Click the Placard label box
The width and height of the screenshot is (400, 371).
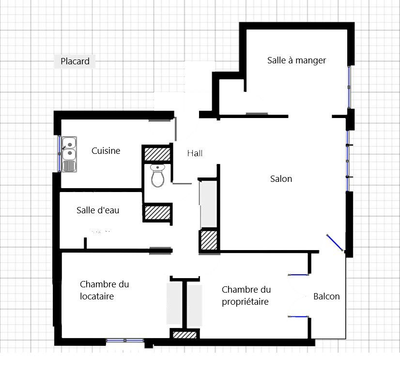(x=75, y=61)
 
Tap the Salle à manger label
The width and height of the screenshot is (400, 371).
(x=296, y=60)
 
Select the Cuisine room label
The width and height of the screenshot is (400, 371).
(x=106, y=151)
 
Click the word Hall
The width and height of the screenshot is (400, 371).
(x=195, y=153)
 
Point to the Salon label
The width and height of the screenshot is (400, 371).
(x=281, y=179)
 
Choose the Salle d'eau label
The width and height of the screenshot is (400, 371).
(x=98, y=210)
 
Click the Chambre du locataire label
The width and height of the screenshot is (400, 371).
(x=104, y=290)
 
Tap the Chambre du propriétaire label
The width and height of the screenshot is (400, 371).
(x=246, y=296)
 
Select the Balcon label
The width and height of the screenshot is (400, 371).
(x=326, y=297)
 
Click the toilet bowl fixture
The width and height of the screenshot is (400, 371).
(x=158, y=176)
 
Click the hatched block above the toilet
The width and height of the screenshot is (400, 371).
(x=157, y=153)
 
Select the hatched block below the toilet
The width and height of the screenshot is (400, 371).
(x=157, y=212)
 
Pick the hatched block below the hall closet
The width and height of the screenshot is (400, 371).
(x=209, y=240)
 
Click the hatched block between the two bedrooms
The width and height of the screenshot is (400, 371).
(x=185, y=334)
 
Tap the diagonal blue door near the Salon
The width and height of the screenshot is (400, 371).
(x=335, y=242)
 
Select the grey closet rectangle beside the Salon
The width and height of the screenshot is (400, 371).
(x=209, y=204)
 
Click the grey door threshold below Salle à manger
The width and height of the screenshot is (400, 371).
(x=257, y=114)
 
